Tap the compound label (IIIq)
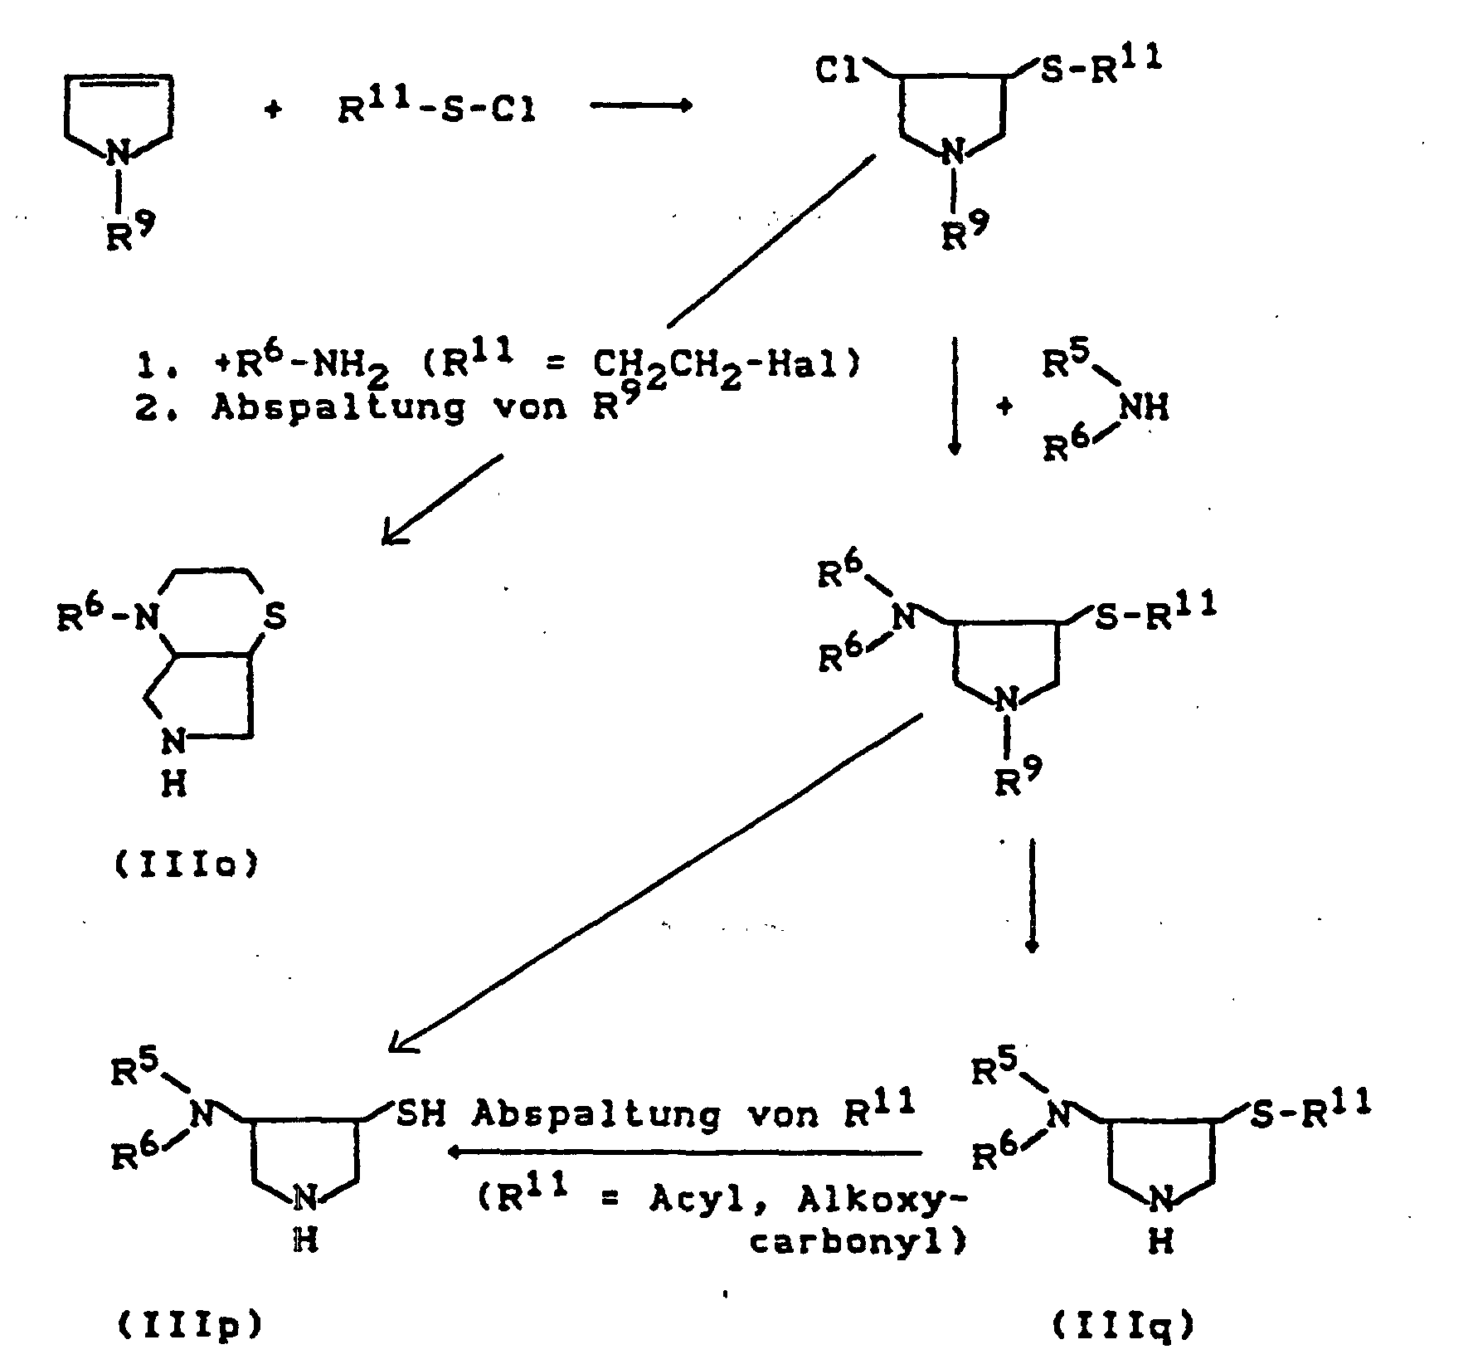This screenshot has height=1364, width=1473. [1125, 1326]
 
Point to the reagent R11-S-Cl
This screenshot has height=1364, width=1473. [436, 108]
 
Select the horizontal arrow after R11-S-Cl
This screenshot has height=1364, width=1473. [640, 106]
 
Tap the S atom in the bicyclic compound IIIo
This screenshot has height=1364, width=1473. [275, 616]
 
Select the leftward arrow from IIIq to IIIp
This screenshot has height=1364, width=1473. [685, 1152]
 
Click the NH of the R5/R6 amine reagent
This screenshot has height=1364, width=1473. [1144, 407]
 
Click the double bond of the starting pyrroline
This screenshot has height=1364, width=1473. [119, 80]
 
